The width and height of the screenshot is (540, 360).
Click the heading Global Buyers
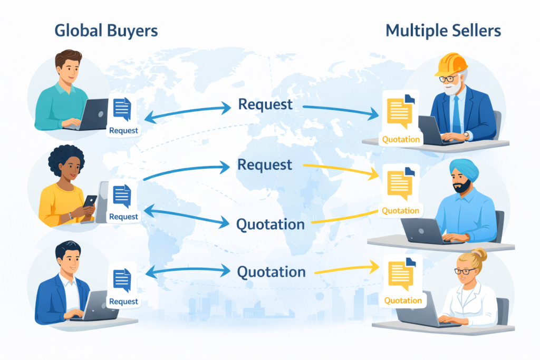pos(105,31)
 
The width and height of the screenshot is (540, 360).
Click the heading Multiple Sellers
pos(443,31)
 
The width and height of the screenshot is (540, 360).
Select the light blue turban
pos(464,170)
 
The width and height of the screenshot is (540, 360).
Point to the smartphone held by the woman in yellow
pos(90,202)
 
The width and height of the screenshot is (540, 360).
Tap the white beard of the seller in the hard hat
pos(452,89)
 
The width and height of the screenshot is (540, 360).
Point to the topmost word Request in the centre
pos(265,104)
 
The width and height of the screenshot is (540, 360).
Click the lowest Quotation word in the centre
pos(271,272)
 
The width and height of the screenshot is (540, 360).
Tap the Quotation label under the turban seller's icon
pos(401,211)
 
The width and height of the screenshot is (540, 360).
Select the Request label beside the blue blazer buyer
pos(123,301)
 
